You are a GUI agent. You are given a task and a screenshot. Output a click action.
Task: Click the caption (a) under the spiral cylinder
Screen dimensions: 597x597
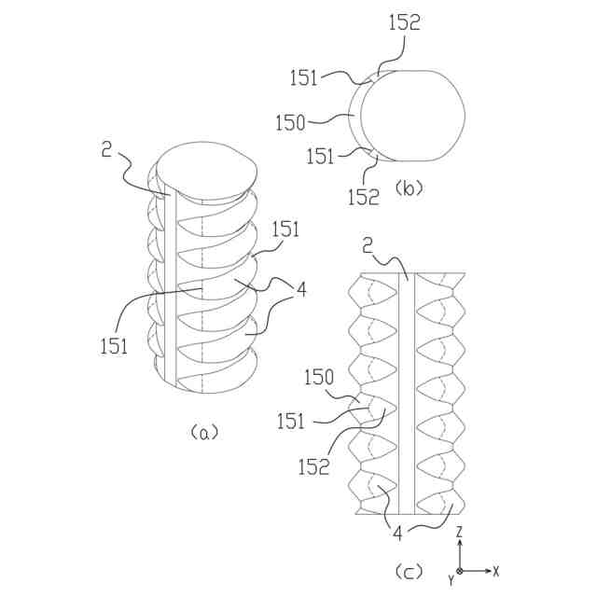point(203,432)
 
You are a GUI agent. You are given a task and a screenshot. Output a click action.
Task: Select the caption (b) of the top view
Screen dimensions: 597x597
point(409,188)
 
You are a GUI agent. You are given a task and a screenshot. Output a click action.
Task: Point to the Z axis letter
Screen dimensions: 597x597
point(460,532)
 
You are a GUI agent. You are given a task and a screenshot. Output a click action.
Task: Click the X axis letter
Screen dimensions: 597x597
point(496,569)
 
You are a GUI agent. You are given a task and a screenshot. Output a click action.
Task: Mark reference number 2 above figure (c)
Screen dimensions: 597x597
point(368,244)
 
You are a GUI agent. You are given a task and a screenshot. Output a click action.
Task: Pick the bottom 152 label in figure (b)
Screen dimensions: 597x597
point(364,198)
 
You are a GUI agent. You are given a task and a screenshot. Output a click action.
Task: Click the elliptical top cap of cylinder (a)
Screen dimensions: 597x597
point(207,168)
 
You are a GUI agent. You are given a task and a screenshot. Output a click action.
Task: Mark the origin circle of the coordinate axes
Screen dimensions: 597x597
point(460,569)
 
